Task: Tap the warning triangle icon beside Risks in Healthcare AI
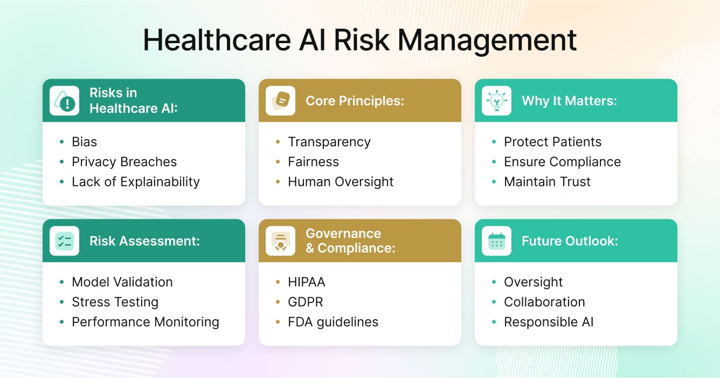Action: point(64,101)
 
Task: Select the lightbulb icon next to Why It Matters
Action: point(496,101)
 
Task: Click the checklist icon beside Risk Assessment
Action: point(64,241)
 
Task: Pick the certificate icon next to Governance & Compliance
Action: point(280,241)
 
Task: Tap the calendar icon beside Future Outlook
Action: point(496,241)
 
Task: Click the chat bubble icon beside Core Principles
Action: point(280,101)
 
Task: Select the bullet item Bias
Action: point(85,142)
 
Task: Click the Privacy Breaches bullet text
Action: point(124,162)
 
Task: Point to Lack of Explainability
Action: point(136,182)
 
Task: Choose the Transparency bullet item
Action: point(329,142)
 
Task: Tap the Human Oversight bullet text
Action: point(341,182)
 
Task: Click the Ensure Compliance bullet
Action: point(562,162)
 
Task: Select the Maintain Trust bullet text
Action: point(547,182)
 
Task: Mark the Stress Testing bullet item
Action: point(115,302)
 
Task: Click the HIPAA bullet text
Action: point(307,282)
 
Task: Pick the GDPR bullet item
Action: point(306,302)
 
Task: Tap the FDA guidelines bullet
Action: point(333,322)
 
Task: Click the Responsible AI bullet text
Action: point(549,322)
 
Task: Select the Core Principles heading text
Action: point(355,101)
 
